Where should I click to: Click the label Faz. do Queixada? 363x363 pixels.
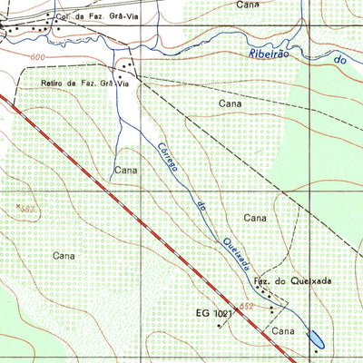click(291, 282)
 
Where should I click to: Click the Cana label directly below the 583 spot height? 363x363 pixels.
click(63, 256)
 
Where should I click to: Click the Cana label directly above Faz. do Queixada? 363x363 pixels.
click(256, 218)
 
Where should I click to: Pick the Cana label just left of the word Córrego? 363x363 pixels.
click(124, 170)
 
